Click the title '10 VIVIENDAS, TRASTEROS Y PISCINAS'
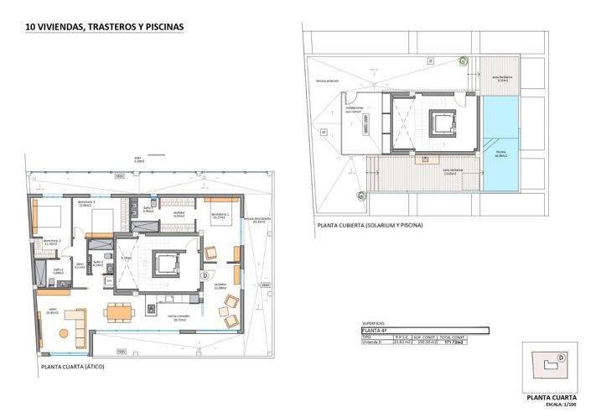click(x=105, y=26)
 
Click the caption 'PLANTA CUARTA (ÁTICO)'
click(x=72, y=367)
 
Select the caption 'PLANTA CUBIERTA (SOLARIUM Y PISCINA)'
click(x=369, y=225)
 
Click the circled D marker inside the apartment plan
click(x=205, y=275)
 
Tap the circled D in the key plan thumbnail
click(x=561, y=357)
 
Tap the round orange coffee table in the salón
click(x=63, y=333)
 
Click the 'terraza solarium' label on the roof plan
click(x=327, y=81)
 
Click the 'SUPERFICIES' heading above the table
click(x=374, y=322)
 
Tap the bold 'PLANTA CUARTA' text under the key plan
click(x=553, y=398)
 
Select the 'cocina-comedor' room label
click(x=177, y=317)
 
